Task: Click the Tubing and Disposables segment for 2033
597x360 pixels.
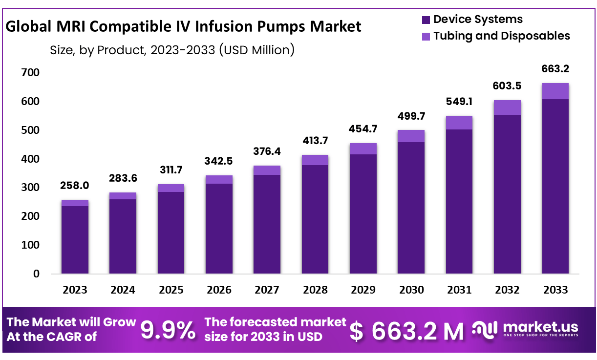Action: click(x=555, y=91)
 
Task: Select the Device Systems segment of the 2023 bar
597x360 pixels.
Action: click(x=75, y=239)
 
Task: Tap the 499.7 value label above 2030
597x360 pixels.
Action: click(x=411, y=118)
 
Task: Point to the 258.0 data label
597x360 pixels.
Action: click(x=75, y=186)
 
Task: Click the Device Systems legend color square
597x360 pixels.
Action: click(x=426, y=20)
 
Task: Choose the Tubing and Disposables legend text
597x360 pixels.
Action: click(x=501, y=36)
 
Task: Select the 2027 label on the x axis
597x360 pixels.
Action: click(x=267, y=290)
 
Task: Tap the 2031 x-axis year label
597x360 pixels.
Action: click(x=459, y=290)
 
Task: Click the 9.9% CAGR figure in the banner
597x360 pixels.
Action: click(x=168, y=331)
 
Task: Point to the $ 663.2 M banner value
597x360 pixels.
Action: click(x=407, y=332)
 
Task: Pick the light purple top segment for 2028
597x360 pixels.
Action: click(x=315, y=160)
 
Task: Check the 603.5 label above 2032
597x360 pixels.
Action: click(x=507, y=86)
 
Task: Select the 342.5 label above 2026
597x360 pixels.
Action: click(x=219, y=161)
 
